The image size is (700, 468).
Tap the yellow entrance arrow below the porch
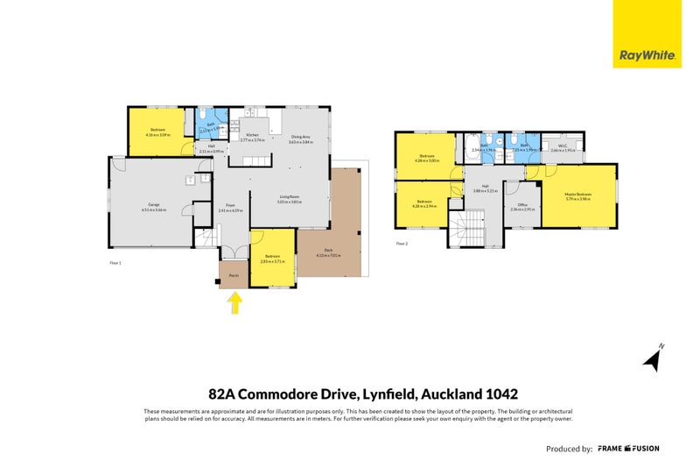click(x=234, y=303)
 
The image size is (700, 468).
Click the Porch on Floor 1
click(x=234, y=275)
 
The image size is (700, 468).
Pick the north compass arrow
click(x=652, y=358)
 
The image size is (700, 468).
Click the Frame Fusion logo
click(x=628, y=449)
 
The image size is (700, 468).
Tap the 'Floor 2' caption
click(x=402, y=243)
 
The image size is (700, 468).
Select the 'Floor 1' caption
click(x=115, y=263)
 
